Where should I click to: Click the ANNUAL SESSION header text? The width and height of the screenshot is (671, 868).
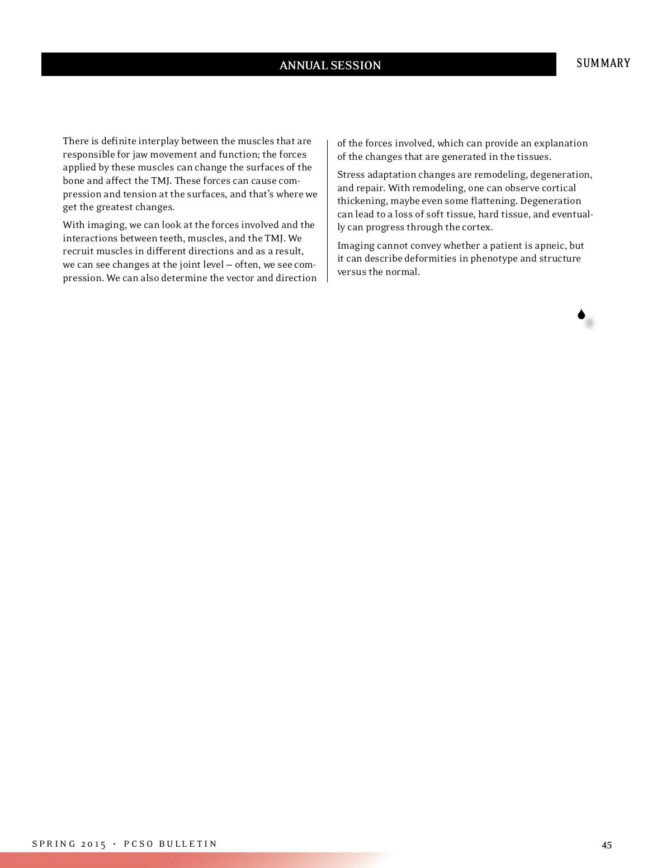tap(330, 65)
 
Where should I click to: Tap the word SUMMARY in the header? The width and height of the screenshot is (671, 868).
tap(603, 63)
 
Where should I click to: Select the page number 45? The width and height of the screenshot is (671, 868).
tap(607, 845)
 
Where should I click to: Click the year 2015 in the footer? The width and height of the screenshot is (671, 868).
tap(93, 844)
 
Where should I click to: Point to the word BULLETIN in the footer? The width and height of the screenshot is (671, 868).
tap(188, 844)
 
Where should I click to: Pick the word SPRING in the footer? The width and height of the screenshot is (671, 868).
tap(54, 844)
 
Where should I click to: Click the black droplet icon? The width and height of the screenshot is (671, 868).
tap(582, 315)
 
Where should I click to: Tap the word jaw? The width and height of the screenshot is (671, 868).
tap(140, 154)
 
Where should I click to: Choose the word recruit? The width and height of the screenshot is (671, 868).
tap(78, 251)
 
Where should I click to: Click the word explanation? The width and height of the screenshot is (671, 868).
tap(561, 143)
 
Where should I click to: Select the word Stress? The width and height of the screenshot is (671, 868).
tap(351, 174)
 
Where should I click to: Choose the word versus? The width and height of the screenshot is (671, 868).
tap(351, 272)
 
